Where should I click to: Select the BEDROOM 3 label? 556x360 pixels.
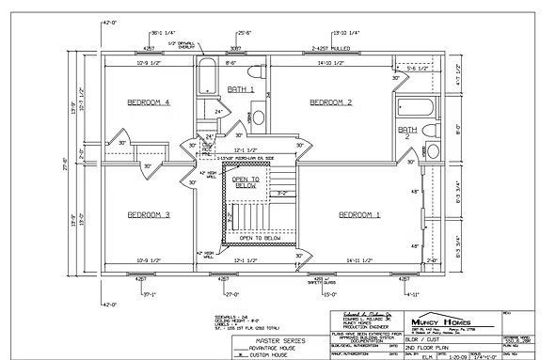pos(149,214)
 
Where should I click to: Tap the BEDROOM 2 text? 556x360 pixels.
pos(331,101)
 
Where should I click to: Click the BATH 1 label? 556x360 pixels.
pos(241,88)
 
